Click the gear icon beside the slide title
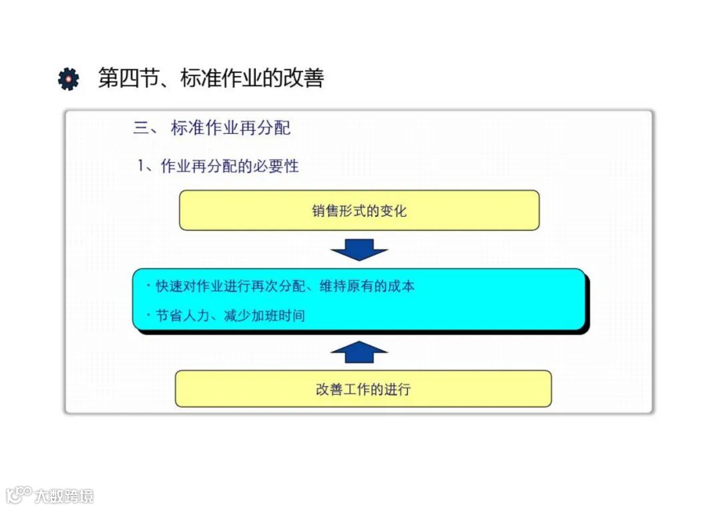68,79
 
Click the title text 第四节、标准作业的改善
211,78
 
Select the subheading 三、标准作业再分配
212,127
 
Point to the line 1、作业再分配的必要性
218,166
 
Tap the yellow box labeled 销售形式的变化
359,211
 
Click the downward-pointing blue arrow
359,249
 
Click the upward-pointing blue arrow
359,352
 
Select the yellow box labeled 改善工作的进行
363,389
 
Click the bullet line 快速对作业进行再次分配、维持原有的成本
285,286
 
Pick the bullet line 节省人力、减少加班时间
230,316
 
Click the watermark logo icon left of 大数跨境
19,494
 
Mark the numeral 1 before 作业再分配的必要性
142,166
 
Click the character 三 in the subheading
141,127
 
